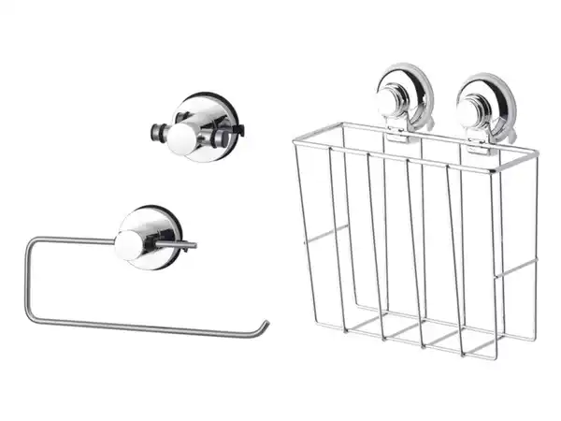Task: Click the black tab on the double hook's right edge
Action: (x=237, y=127)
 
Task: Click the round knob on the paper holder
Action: (x=130, y=245)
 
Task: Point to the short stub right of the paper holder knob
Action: (x=180, y=245)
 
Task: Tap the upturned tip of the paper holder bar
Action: (x=265, y=326)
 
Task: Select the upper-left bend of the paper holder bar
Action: (x=30, y=241)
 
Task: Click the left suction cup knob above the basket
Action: (x=390, y=104)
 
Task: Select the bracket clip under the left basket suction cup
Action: (x=396, y=135)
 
